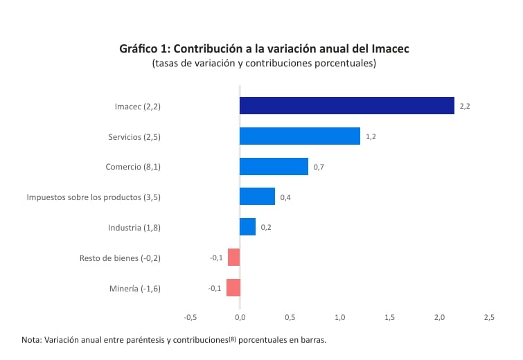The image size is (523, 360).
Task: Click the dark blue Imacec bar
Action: (346, 106)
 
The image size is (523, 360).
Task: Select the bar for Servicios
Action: (299, 136)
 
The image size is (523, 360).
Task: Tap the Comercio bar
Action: (274, 167)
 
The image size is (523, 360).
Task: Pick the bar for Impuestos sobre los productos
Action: (257, 197)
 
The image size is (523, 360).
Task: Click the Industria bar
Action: (247, 227)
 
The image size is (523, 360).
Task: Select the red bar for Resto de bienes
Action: (233, 258)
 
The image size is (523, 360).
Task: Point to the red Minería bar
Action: (233, 288)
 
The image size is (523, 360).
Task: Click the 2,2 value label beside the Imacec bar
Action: (465, 107)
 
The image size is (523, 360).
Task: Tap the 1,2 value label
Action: (371, 137)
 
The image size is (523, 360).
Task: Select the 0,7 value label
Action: (319, 167)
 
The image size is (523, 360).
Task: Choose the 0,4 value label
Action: (285, 197)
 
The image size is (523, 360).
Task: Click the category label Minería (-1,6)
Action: (135, 289)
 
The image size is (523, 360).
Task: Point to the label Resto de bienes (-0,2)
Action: (120, 258)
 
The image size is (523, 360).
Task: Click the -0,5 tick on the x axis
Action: (190, 318)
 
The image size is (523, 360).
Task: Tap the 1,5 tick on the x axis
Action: (389, 318)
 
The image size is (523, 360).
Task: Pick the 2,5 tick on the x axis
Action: (489, 318)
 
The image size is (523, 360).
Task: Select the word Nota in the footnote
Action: (31, 341)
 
